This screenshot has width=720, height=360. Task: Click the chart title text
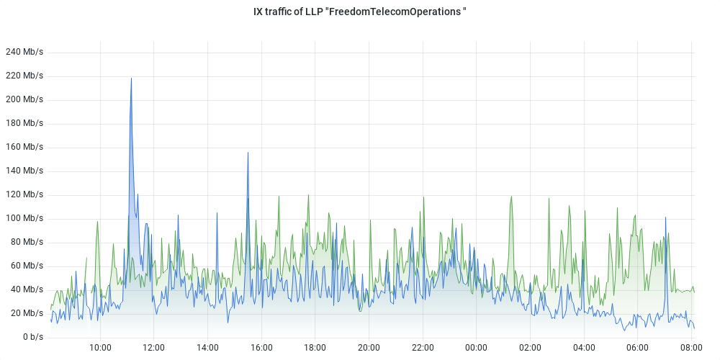[360, 12]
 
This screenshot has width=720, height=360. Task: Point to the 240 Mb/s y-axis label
[24, 52]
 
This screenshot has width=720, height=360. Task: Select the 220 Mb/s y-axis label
[24, 76]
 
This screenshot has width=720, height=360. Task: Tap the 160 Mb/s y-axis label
[24, 147]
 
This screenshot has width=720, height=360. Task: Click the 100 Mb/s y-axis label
[24, 218]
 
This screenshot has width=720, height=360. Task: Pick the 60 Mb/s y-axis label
[26, 266]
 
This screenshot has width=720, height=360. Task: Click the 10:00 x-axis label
[100, 348]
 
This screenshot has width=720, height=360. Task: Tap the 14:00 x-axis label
[207, 348]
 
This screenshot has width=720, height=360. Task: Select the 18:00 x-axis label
[315, 348]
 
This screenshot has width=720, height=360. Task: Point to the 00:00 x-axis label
[477, 348]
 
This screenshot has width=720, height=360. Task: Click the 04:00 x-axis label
[584, 348]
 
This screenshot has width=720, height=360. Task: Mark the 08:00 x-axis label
[691, 348]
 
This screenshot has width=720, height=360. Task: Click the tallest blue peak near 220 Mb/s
[131, 79]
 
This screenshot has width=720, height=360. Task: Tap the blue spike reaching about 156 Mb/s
[248, 153]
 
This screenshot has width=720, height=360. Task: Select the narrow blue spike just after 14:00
[217, 213]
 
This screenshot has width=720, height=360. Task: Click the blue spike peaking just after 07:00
[666, 218]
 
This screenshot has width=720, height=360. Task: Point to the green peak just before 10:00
[97, 222]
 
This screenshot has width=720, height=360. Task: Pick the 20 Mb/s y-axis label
[26, 313]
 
